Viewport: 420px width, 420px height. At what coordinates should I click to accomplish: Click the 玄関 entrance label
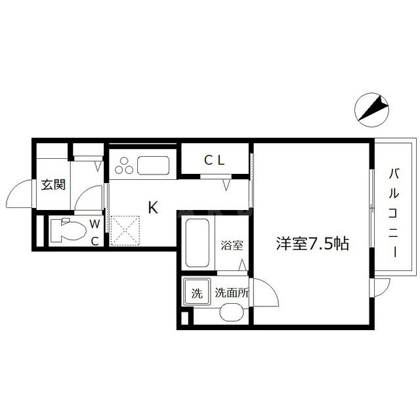point(53,184)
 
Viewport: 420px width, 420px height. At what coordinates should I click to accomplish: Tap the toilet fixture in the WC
point(68,230)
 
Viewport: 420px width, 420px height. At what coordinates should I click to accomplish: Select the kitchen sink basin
point(153,166)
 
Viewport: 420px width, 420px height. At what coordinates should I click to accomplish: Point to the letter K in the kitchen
point(153,207)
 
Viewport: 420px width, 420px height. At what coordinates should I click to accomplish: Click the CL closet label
point(215,160)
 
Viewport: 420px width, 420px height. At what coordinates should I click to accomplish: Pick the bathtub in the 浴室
point(198,243)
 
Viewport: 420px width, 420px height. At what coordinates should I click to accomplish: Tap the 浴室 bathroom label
point(232,245)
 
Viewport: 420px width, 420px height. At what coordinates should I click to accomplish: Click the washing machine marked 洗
point(197,293)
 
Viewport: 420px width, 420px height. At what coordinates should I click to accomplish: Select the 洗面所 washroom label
point(232,293)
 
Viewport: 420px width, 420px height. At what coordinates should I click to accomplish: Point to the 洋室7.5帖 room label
point(312,243)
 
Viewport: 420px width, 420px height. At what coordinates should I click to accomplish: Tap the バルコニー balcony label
point(394,213)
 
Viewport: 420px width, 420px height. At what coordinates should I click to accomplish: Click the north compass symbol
point(372,110)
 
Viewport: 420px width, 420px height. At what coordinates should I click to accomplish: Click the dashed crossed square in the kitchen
point(125,230)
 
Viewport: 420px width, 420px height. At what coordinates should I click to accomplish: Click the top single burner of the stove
point(124,161)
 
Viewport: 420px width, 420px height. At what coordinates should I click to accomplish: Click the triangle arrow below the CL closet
point(226,185)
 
